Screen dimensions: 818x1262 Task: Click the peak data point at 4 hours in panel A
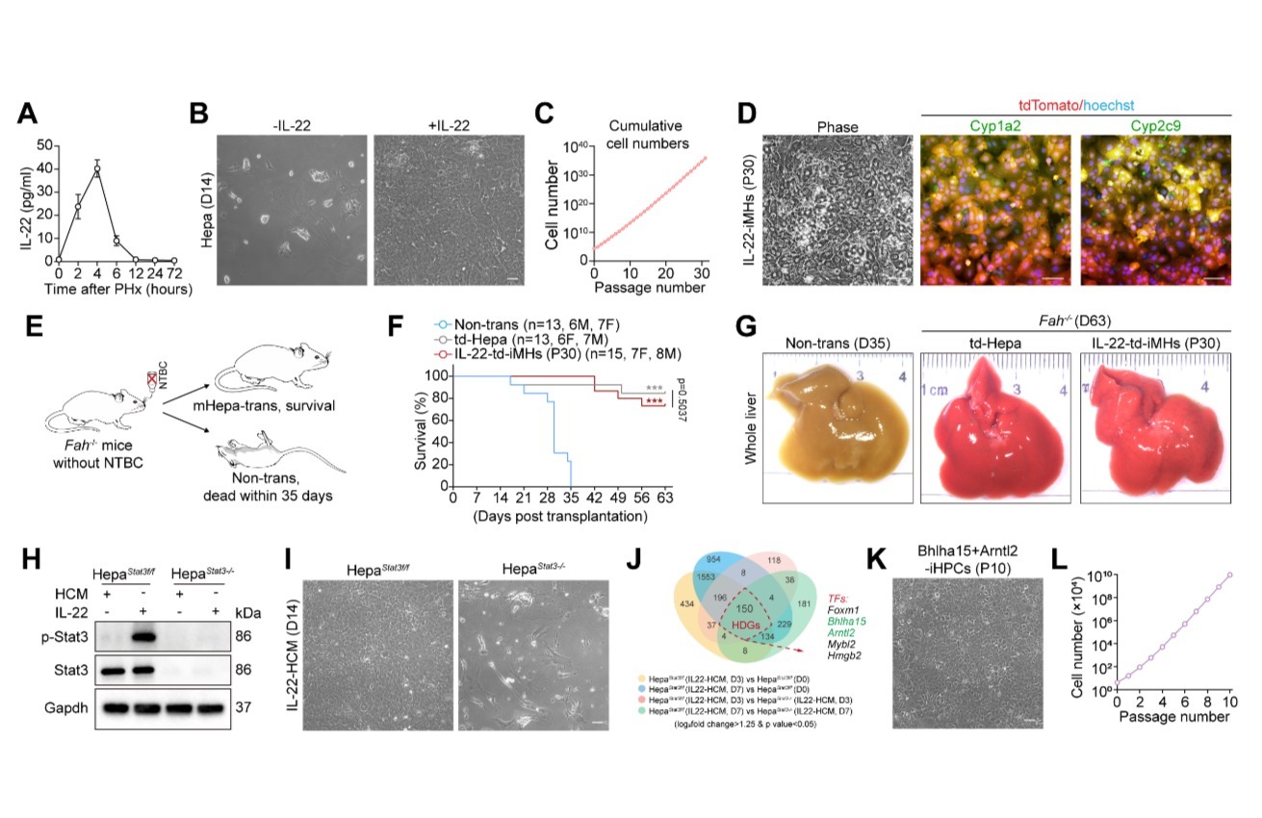97,169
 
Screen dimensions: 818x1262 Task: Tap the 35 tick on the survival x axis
571,499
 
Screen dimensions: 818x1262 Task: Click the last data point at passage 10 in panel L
1229,575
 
